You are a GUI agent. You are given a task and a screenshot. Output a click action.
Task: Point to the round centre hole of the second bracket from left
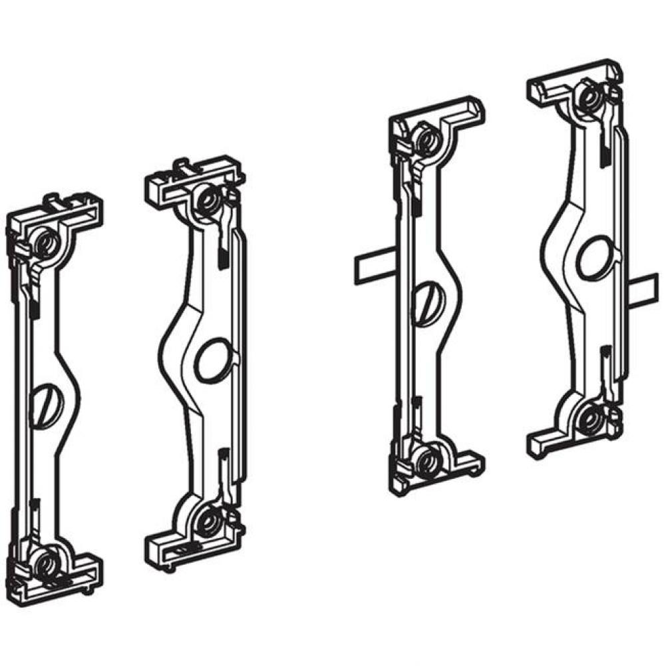tap(214, 361)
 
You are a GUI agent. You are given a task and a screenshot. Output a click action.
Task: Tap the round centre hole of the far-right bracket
tap(593, 258)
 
